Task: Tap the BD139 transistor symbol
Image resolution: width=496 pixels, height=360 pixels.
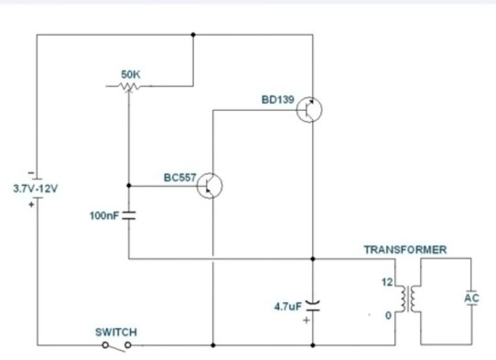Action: click(309, 110)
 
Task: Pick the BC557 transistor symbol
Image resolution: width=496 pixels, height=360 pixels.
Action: click(210, 186)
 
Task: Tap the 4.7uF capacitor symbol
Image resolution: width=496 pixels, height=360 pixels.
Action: click(313, 303)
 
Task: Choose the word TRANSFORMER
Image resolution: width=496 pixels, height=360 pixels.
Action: click(404, 249)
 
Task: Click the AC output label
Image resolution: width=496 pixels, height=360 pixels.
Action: click(471, 298)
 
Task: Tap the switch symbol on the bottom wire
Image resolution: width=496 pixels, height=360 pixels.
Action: click(116, 345)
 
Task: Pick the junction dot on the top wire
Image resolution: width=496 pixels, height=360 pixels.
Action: click(194, 36)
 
